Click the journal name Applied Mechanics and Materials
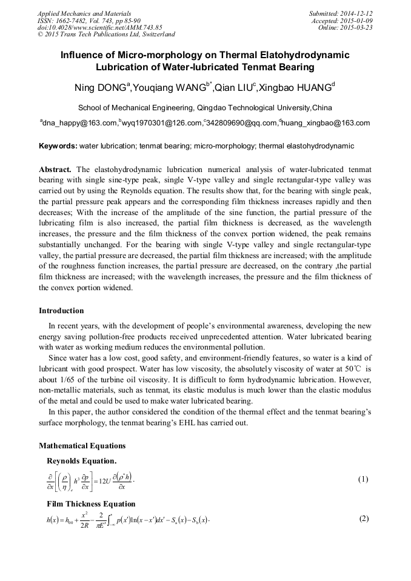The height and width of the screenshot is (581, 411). [84, 13]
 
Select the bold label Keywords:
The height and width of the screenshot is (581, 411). [58, 146]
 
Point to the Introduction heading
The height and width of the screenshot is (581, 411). [61, 311]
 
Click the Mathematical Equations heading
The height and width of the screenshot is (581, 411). [82, 446]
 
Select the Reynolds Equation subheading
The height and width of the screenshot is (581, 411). [82, 461]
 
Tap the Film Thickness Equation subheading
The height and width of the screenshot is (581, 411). [91, 504]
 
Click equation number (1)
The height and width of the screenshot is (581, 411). [363, 479]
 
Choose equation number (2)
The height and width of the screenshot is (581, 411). [364, 519]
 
